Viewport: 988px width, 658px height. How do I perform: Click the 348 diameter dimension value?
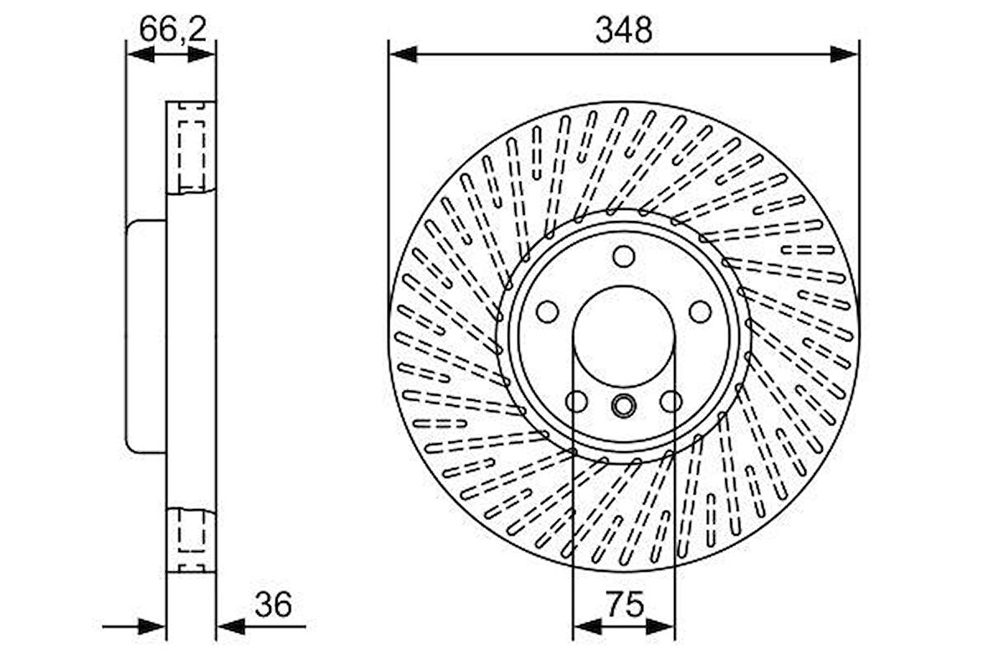click(623, 30)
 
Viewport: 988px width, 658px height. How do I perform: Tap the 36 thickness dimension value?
click(273, 604)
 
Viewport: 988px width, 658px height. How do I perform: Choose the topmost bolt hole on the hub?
click(623, 256)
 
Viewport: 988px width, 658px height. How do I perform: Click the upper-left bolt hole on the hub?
click(547, 311)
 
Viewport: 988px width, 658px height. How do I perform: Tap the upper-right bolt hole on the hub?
click(700, 311)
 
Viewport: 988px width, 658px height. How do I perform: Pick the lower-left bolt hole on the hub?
click(576, 402)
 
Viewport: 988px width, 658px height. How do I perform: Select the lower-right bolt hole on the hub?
click(671, 402)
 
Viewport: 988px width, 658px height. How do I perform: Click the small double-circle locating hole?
click(623, 407)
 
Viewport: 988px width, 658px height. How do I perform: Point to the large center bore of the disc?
click(624, 335)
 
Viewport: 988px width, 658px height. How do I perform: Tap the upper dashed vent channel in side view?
click(192, 147)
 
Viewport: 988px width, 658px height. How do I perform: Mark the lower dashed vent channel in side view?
click(192, 538)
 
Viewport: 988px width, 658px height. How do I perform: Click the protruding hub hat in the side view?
click(147, 336)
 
